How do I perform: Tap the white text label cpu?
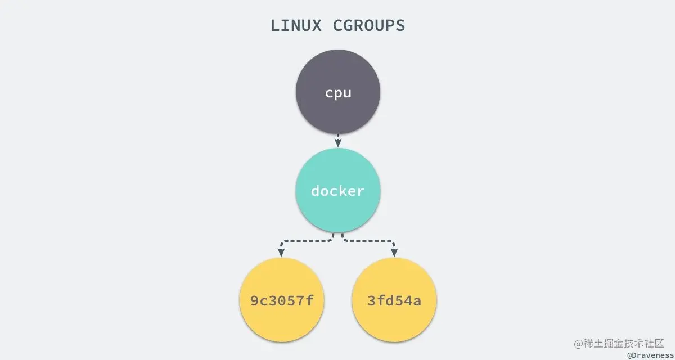[338, 93]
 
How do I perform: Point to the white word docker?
[338, 191]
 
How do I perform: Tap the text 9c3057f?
[281, 300]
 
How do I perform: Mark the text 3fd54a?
[394, 300]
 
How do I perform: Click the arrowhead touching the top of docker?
[338, 144]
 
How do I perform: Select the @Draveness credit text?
[650, 355]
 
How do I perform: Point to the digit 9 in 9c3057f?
[255, 300]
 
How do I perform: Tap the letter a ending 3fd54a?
[417, 300]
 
